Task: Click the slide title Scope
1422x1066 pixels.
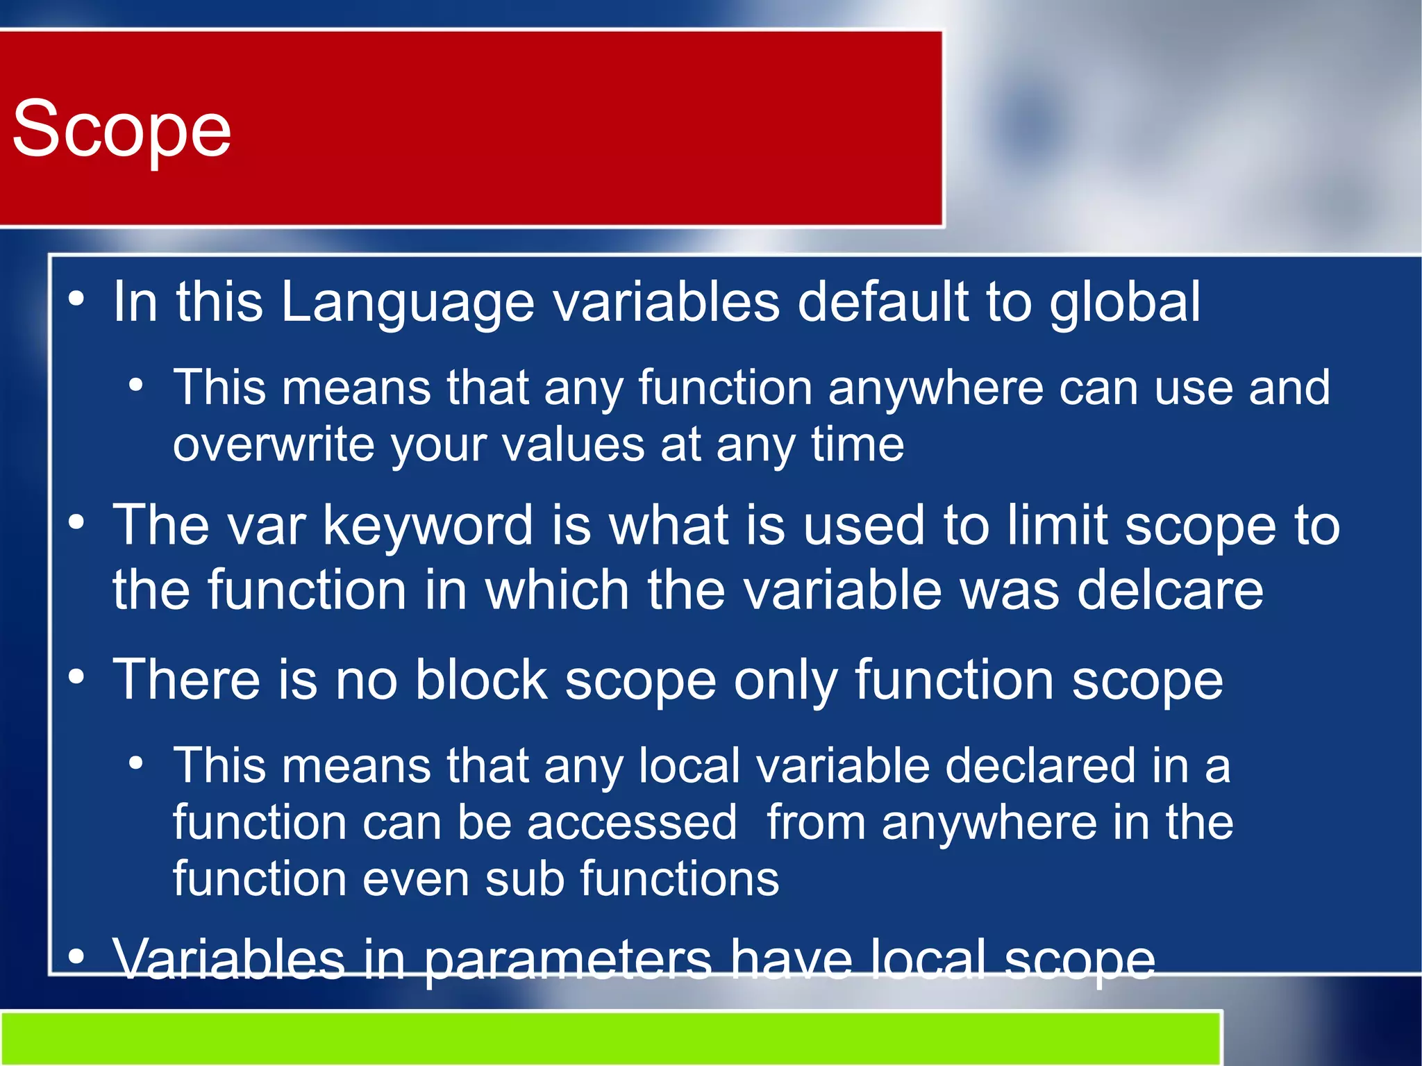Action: pos(122,128)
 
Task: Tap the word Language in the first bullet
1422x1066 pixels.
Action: pos(408,303)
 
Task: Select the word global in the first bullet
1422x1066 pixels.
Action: pos(1124,303)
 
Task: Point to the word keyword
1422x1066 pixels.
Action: pos(429,526)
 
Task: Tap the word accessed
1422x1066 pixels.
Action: pos(631,823)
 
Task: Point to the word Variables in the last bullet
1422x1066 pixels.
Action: pos(229,960)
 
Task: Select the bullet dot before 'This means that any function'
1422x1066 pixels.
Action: pos(136,384)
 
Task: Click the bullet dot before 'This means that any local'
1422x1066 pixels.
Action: pos(136,763)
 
